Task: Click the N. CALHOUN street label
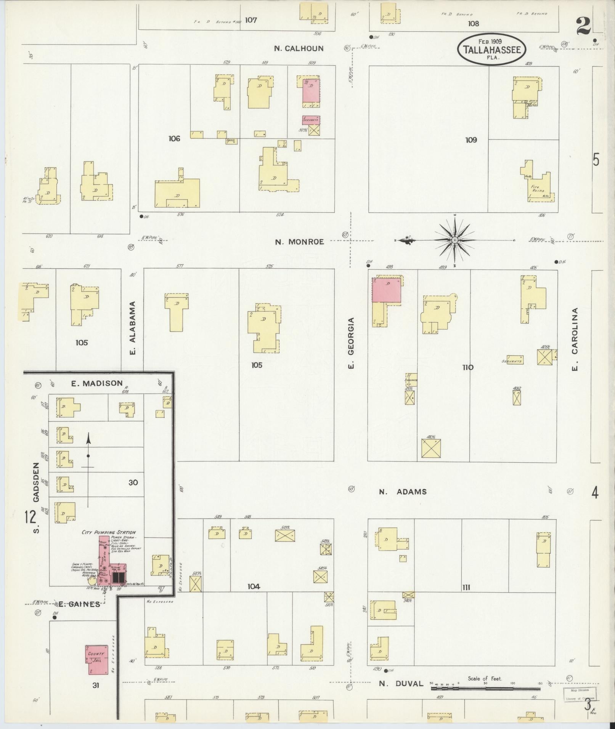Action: [299, 48]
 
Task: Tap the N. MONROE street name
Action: [300, 242]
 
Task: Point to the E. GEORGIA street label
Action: [351, 343]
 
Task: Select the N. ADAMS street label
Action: [403, 492]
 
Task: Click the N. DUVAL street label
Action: [401, 684]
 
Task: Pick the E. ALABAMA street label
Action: [133, 328]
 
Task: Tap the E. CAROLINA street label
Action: [575, 339]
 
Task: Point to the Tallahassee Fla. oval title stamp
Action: [492, 50]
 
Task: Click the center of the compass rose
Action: [455, 240]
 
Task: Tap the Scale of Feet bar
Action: [485, 689]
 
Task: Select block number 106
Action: [174, 139]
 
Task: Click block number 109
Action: [471, 140]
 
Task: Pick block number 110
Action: [468, 367]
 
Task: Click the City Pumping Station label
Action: [109, 532]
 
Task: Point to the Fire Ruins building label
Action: [538, 189]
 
